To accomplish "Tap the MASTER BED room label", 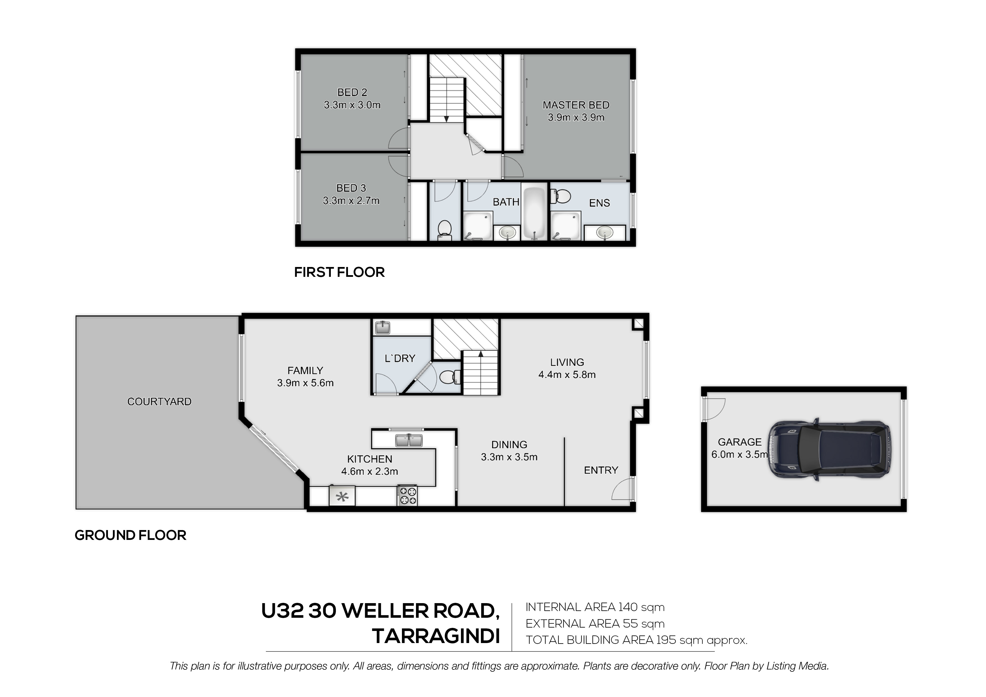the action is (x=576, y=105).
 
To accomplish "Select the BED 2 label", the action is (x=352, y=92).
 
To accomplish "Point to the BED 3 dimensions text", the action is (x=351, y=201).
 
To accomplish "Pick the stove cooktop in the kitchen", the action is (x=407, y=495).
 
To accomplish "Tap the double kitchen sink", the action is (x=409, y=440).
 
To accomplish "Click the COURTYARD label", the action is (x=159, y=402).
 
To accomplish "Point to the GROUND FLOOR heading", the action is (x=130, y=535).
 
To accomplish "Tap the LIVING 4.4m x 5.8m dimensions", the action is (x=567, y=374).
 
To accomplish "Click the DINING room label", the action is (x=509, y=445).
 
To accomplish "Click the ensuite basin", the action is (x=605, y=233).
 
